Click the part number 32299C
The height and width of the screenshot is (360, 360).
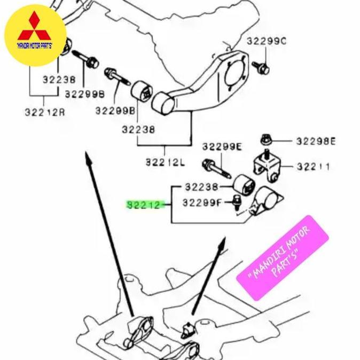pos(266,41)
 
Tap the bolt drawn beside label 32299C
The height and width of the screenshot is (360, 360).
pos(264,67)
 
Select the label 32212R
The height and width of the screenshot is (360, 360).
pos(44,113)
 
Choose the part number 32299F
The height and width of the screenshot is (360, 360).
pos(201,203)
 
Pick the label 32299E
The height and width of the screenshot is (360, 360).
pos(222,146)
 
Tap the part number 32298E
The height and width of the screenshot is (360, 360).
pos(316,142)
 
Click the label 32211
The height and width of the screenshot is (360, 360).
pos(313,167)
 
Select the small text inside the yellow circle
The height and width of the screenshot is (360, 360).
pos(35,46)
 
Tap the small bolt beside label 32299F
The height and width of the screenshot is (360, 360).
pos(235,202)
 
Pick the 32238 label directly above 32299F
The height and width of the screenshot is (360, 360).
pos(201,187)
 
